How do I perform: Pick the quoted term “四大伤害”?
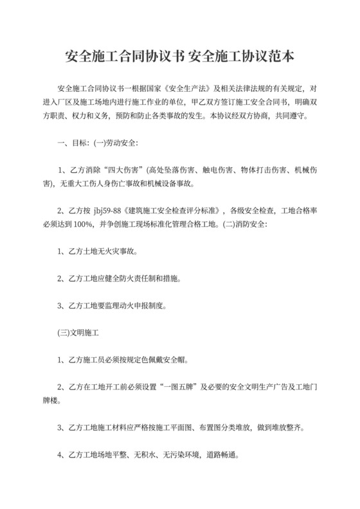(120, 171)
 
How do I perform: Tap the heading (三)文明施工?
(82, 335)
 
